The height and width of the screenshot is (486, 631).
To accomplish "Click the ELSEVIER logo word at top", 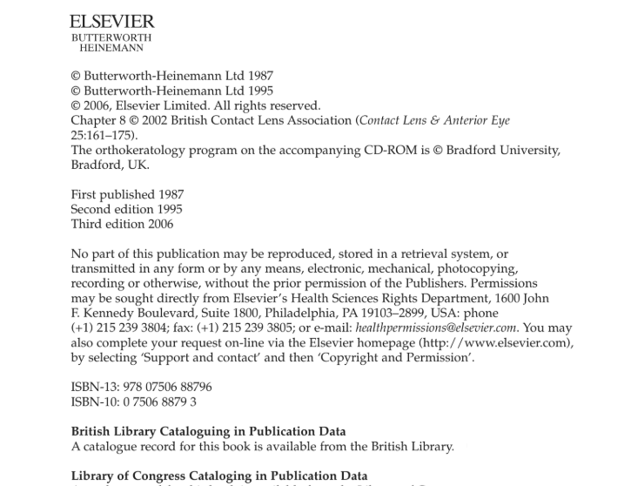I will tap(111, 22).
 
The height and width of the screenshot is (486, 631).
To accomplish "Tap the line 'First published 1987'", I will tap(127, 194).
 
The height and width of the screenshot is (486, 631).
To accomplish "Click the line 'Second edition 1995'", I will tap(126, 209).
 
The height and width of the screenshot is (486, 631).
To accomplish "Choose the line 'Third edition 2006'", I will tap(122, 224).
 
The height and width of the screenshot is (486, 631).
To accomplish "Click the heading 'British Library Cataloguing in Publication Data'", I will tap(208, 431).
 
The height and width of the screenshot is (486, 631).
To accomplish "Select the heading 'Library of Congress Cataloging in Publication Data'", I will tap(218, 476).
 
